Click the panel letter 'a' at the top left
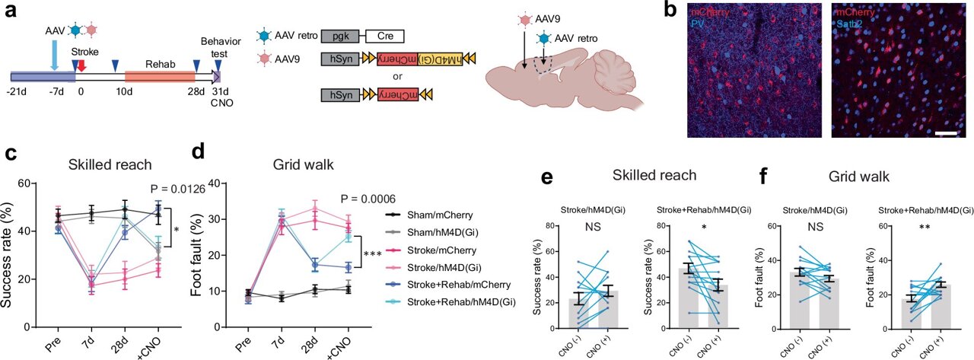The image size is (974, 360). click(x=11, y=14)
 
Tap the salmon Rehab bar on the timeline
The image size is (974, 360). click(x=160, y=77)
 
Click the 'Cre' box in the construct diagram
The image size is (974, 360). click(x=384, y=37)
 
